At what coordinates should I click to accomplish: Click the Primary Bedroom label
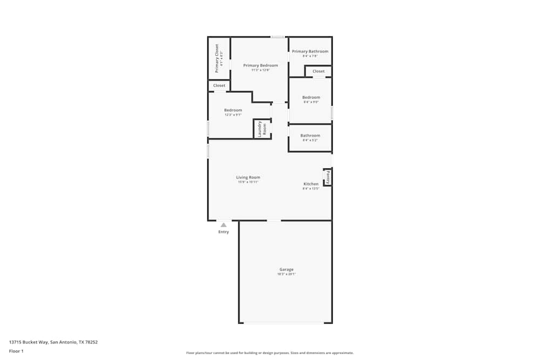[x=260, y=65]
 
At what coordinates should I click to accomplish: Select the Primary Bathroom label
[x=310, y=51]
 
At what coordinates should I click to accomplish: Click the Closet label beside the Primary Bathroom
[x=319, y=71]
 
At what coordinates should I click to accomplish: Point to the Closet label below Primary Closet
[x=219, y=85]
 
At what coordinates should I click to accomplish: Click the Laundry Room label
[x=262, y=130]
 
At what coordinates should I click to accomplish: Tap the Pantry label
[x=327, y=177]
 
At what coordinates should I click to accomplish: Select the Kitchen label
[x=311, y=184]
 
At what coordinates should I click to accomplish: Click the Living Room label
[x=248, y=177]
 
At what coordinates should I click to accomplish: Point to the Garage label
[x=286, y=269]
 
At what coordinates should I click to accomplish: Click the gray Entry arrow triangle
[x=224, y=225]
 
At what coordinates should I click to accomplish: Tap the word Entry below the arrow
[x=224, y=232]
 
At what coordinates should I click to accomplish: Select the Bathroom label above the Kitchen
[x=310, y=135]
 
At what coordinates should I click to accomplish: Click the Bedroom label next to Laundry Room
[x=233, y=110]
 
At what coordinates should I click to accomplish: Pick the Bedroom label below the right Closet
[x=311, y=97]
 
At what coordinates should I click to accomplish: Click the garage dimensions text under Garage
[x=286, y=274]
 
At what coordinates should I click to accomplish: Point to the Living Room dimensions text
[x=248, y=182]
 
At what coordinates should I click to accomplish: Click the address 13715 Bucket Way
[x=53, y=342]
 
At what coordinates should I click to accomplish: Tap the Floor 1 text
[x=16, y=351]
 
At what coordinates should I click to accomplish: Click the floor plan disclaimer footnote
[x=270, y=353]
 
